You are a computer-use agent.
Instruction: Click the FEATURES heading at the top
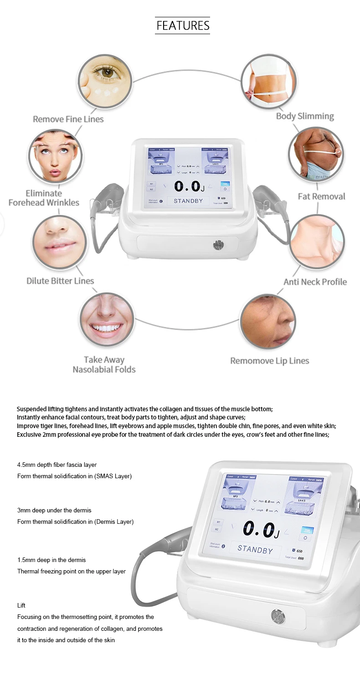pyautogui.click(x=183, y=26)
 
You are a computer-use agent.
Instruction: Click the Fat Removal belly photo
pyautogui.click(x=316, y=154)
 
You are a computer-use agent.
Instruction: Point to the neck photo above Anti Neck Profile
pyautogui.click(x=317, y=241)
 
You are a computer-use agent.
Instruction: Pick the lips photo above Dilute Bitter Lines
pyautogui.click(x=60, y=242)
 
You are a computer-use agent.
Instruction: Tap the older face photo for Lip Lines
pyautogui.click(x=268, y=321)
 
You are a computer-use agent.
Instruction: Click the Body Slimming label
pyautogui.click(x=305, y=116)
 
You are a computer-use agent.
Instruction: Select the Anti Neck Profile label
pyautogui.click(x=315, y=282)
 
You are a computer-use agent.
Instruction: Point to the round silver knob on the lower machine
pyautogui.click(x=278, y=617)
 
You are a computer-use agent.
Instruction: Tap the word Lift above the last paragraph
pyautogui.click(x=21, y=605)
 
